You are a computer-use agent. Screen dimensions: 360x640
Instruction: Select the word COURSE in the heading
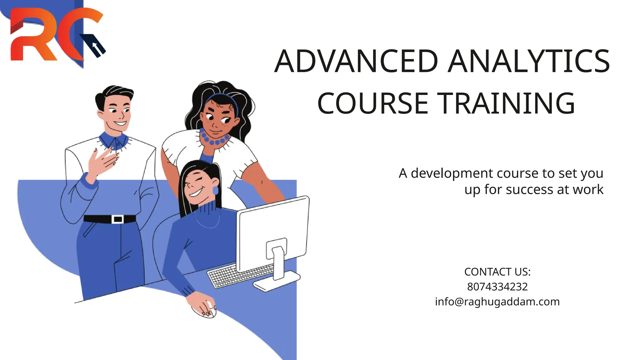pos(372,103)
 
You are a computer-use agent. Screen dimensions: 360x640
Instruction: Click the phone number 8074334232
pos(497,287)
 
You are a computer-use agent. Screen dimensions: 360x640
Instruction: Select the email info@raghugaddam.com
pos(497,302)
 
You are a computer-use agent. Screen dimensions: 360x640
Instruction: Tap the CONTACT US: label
pos(497,272)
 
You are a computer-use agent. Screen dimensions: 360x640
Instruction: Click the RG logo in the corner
pos(56,34)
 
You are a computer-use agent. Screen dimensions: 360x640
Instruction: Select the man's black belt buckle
pos(118,219)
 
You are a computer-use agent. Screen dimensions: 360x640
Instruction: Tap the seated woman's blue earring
pos(215,190)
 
